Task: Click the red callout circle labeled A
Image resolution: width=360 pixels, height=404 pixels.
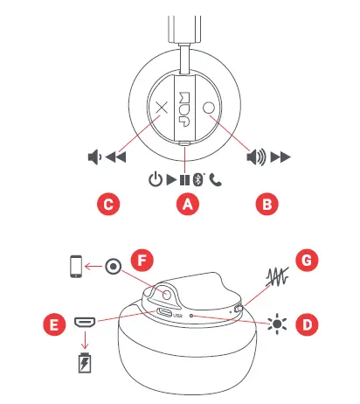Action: (x=184, y=205)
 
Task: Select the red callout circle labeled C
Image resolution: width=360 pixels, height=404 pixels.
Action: (x=107, y=205)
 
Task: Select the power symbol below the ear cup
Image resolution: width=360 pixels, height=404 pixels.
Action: (x=155, y=181)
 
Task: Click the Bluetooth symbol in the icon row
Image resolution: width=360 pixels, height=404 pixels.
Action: (x=198, y=181)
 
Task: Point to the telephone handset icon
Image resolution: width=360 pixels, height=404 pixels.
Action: (x=214, y=181)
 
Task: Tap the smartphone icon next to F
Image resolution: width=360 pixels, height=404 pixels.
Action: (x=77, y=267)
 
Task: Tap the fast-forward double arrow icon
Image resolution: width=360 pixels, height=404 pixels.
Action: (x=280, y=158)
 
